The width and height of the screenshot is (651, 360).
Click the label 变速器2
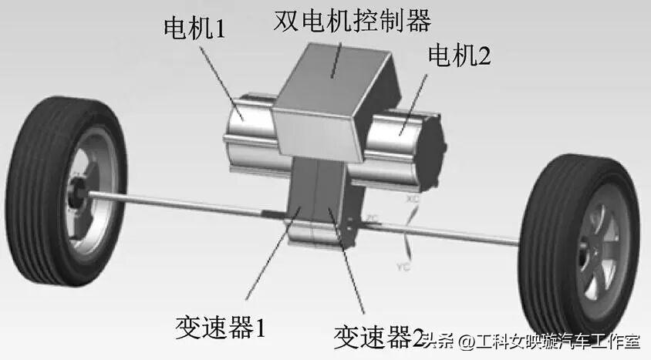[378, 336]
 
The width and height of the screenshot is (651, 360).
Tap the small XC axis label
[415, 199]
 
